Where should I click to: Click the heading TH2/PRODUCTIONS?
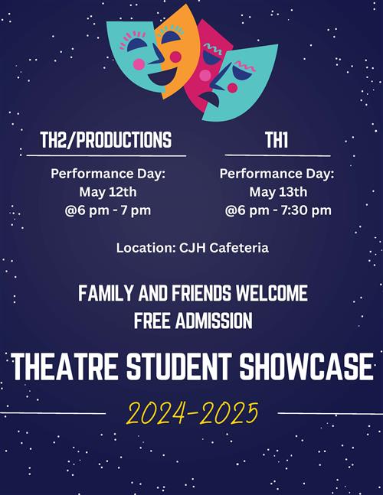coord(106,140)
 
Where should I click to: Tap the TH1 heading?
coord(277,140)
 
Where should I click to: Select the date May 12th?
coord(108,192)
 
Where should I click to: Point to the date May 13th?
coord(278,192)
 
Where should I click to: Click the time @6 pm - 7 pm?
coord(108,210)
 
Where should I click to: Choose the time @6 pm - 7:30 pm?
coord(278,210)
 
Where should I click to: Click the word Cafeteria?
coord(239,248)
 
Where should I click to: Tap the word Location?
coord(146,248)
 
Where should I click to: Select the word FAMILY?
coord(105,293)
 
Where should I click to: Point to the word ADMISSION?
coord(214,321)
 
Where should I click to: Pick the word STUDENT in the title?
coord(179,366)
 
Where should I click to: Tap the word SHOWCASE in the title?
coord(306,366)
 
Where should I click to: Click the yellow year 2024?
coord(155,413)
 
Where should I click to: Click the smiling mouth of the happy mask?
coord(162,77)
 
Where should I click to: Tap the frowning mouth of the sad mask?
coord(209,99)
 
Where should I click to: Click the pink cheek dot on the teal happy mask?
coord(139,64)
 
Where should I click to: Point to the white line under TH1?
coord(278,155)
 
